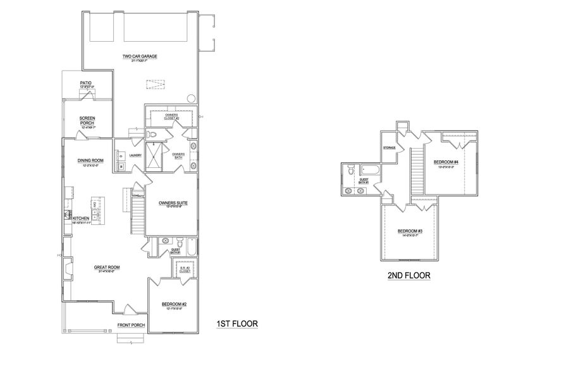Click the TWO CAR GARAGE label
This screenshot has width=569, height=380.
click(x=140, y=56)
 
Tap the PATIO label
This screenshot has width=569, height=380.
click(x=86, y=83)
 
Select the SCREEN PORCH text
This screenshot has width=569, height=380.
click(x=87, y=120)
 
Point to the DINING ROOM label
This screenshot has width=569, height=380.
click(x=90, y=160)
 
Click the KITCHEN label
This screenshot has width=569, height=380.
click(x=89, y=218)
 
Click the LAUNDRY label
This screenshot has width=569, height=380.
click(x=135, y=155)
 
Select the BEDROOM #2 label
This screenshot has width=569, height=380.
click(x=174, y=304)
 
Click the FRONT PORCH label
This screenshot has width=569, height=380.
click(x=131, y=325)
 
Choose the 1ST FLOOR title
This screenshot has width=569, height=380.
click(x=237, y=324)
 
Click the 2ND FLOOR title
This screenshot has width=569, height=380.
click(x=408, y=275)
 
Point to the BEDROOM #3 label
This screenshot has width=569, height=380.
click(x=410, y=231)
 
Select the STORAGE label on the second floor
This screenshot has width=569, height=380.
click(x=389, y=148)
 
